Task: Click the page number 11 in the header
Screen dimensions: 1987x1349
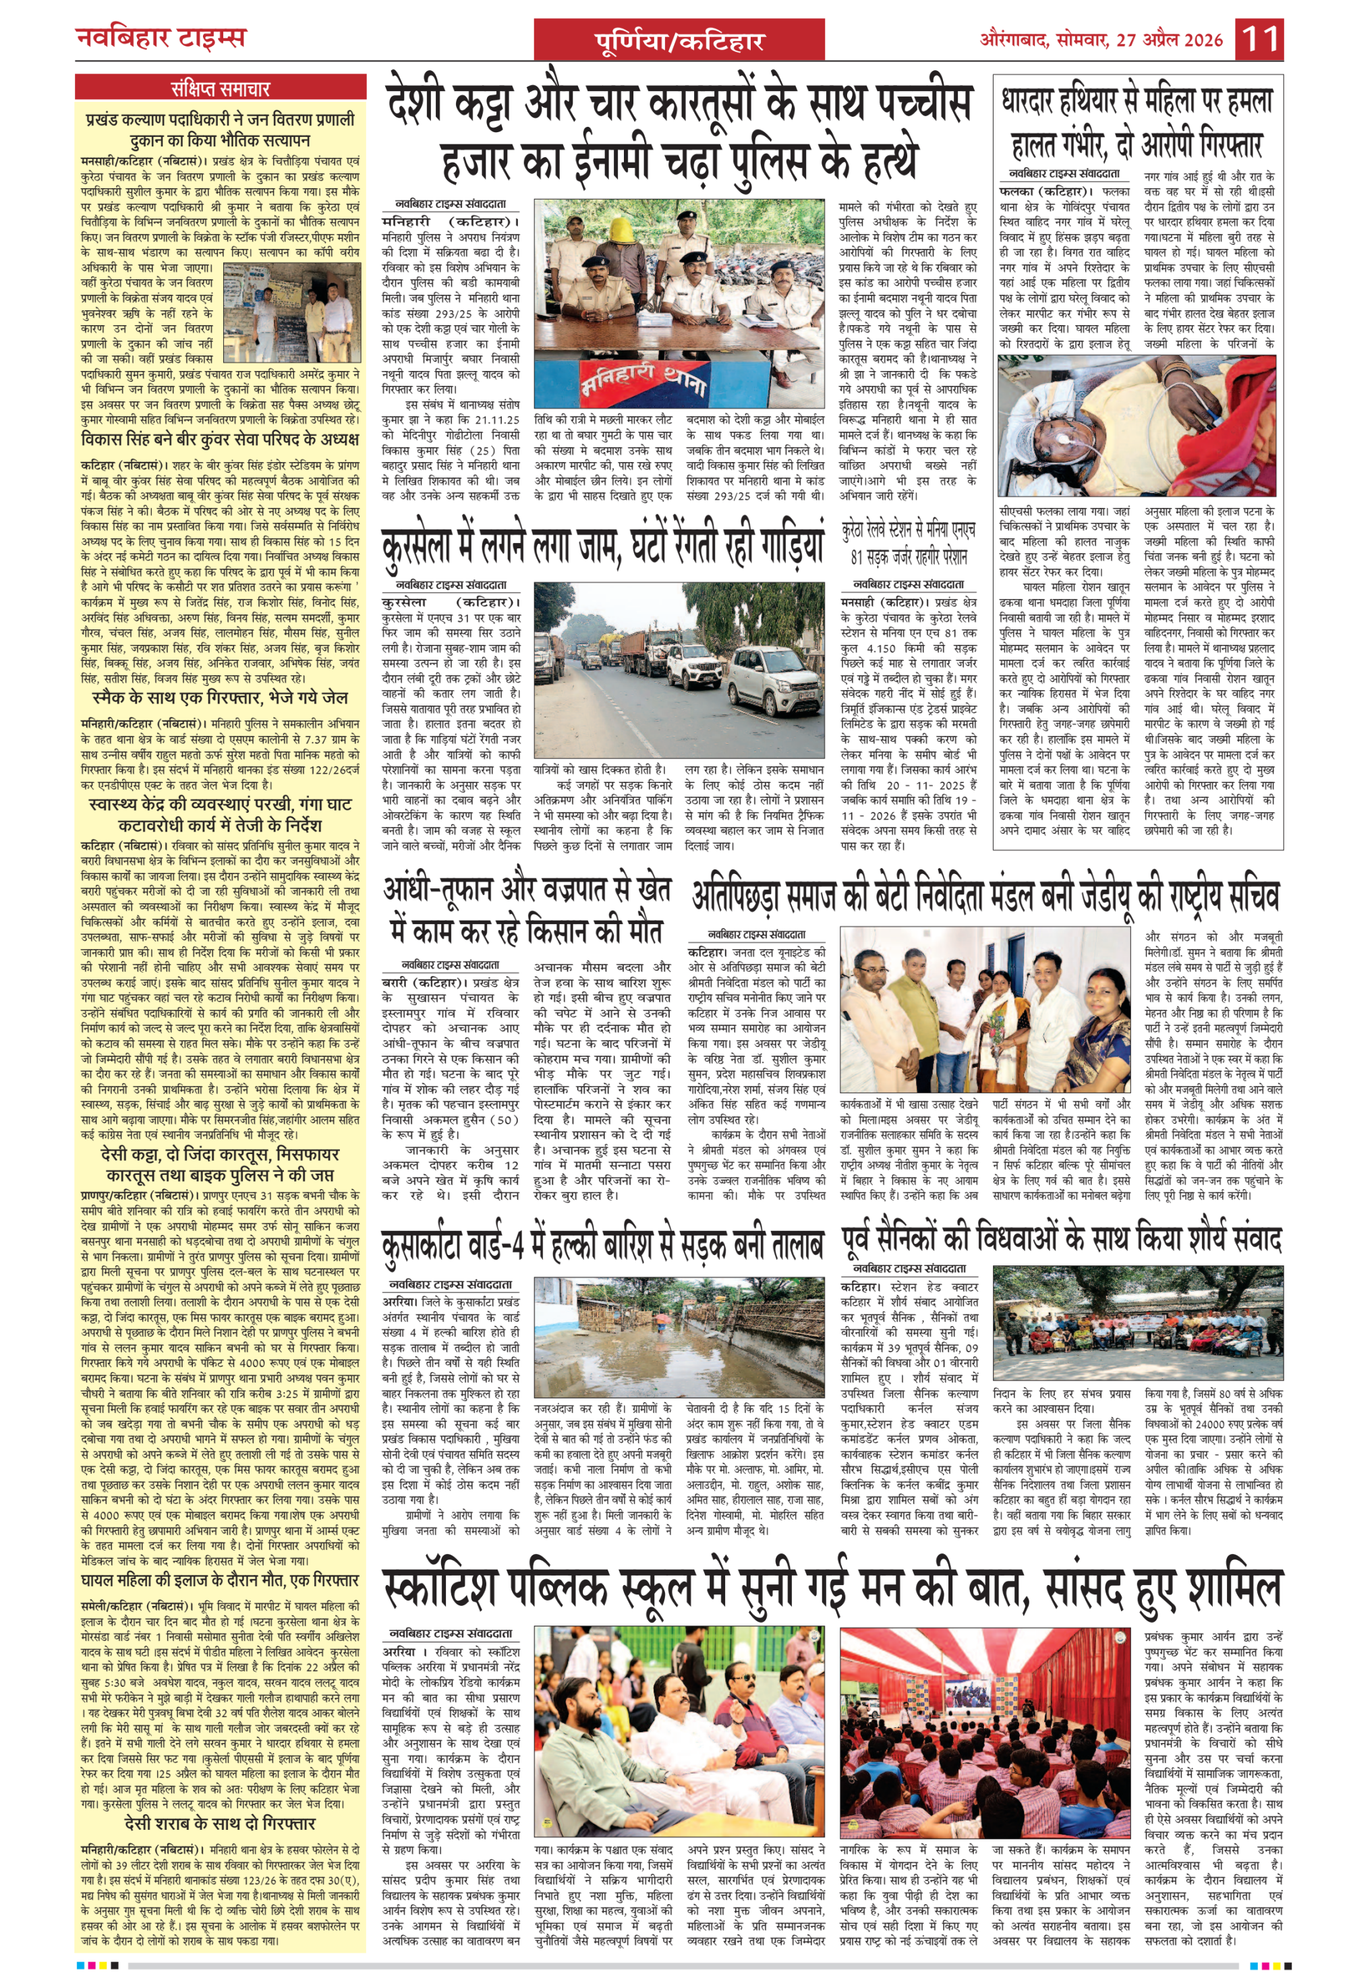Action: (x=1260, y=39)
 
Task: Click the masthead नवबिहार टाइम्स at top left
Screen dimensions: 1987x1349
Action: (x=161, y=38)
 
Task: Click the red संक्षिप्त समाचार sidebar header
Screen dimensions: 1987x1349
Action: (x=221, y=88)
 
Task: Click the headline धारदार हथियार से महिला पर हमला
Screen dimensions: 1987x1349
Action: (x=1138, y=123)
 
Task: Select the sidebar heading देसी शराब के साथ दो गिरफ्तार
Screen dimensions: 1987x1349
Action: (x=220, y=1821)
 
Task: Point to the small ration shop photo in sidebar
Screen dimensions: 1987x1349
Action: (x=291, y=312)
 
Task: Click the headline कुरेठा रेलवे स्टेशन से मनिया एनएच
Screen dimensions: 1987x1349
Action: (x=908, y=544)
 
